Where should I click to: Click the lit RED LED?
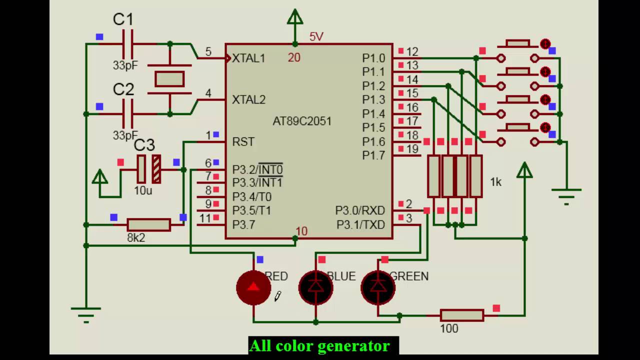tap(253, 287)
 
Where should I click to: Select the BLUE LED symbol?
tap(315, 287)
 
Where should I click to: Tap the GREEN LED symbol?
tap(378, 287)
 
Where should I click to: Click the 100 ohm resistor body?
tap(461, 315)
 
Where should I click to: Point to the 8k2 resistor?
tap(148, 225)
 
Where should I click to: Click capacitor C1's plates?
tap(127, 44)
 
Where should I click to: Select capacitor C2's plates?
tap(127, 114)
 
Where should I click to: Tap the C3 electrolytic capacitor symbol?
tap(148, 169)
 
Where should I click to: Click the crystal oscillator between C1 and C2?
tap(169, 79)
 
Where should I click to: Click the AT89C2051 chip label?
tap(301, 121)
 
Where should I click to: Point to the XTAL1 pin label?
tap(248, 58)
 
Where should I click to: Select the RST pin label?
tap(243, 142)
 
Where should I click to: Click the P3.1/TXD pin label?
tap(360, 225)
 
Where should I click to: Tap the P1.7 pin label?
tap(373, 155)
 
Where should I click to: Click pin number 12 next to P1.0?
tap(412, 51)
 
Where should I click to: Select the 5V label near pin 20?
tap(316, 36)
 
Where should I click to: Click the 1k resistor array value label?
tap(495, 182)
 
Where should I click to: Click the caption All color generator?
tap(320, 345)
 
